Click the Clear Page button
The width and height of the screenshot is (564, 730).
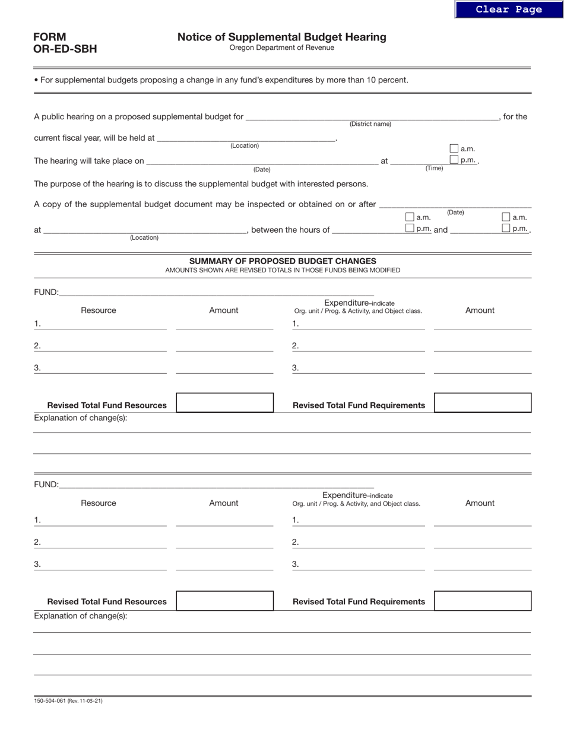pos(509,9)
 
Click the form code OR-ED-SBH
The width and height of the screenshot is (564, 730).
pos(65,49)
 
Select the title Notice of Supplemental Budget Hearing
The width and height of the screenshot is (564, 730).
pos(281,37)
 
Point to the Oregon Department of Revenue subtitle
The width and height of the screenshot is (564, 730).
pos(281,48)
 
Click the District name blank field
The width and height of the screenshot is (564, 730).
pos(372,116)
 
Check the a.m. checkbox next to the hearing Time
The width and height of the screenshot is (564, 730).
pos(454,149)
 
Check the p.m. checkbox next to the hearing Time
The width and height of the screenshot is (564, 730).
pos(454,160)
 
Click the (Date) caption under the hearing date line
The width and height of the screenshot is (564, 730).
pos(262,170)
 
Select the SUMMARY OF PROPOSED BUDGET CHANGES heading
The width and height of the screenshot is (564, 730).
pos(283,261)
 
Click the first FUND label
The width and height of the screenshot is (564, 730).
pos(46,292)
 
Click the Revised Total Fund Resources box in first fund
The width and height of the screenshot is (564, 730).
pos(225,403)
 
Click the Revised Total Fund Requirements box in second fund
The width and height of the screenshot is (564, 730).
pos(482,601)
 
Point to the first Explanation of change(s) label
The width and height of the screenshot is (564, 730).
pos(81,418)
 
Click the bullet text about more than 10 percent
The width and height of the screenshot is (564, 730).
pos(221,80)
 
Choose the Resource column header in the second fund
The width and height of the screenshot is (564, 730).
pos(99,503)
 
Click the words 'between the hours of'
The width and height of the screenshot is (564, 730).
pos(290,230)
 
